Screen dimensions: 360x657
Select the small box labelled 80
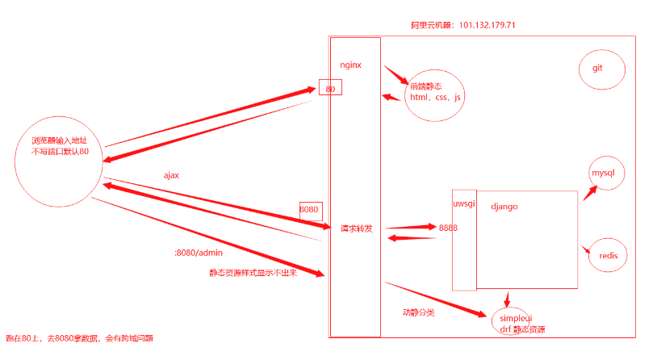[330, 87]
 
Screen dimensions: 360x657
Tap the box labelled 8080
[310, 209]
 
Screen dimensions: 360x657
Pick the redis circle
[608, 255]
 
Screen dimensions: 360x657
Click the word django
[504, 207]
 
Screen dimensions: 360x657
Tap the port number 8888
[448, 228]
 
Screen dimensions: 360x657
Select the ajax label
[171, 175]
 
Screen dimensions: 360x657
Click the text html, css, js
[436, 97]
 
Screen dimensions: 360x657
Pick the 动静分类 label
[418, 312]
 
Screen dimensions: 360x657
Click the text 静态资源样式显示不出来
[253, 273]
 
